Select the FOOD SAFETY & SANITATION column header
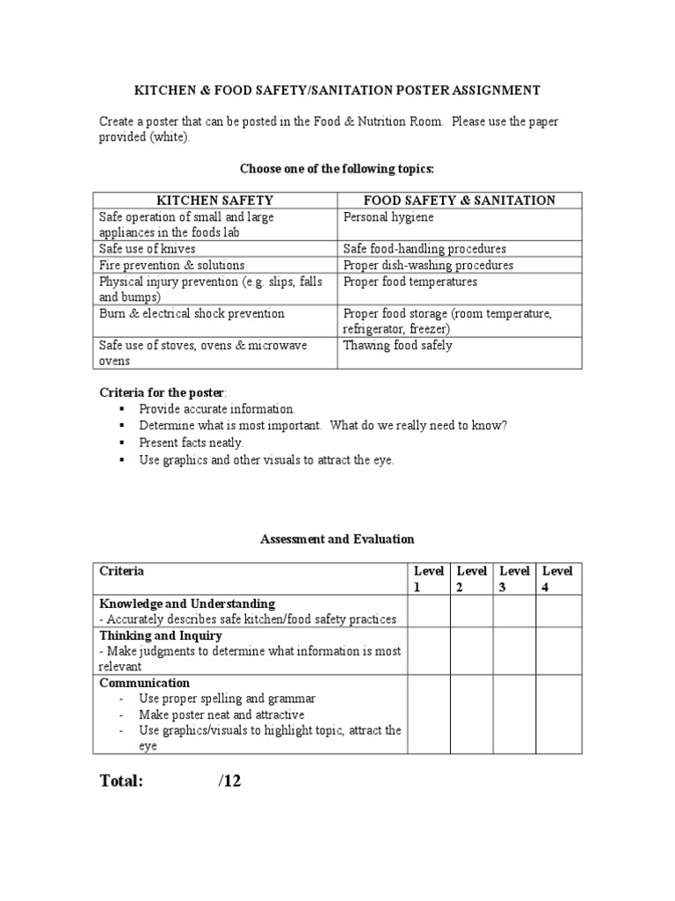tap(459, 200)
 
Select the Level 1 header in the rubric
tap(428, 579)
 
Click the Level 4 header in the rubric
tap(558, 579)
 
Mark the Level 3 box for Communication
tap(515, 714)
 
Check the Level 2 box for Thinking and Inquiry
tap(472, 650)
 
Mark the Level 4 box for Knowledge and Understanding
tap(558, 611)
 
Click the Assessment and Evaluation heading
tap(337, 538)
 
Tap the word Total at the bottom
tap(121, 780)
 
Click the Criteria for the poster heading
tap(162, 392)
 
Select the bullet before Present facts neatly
tap(121, 443)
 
